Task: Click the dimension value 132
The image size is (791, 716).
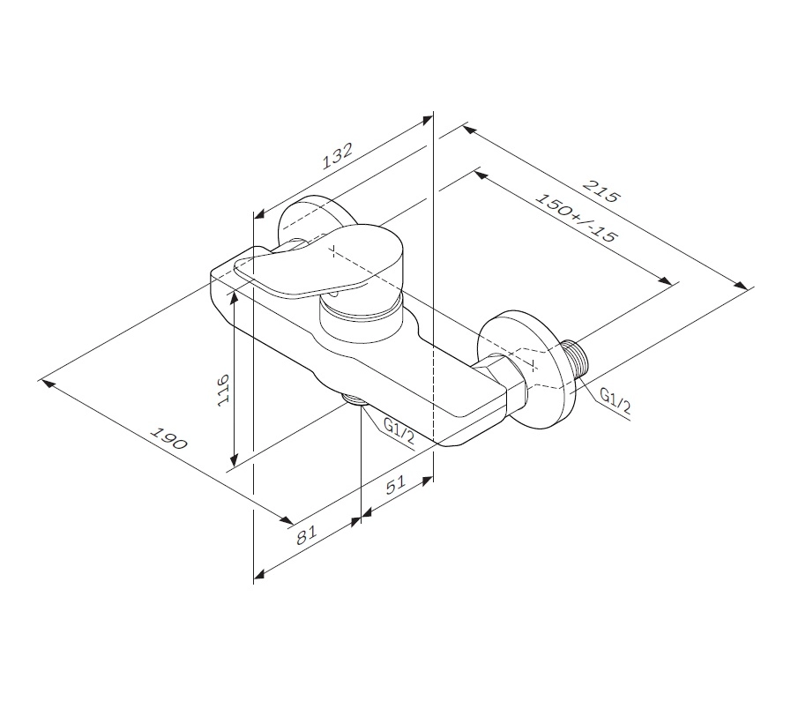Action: [337, 156]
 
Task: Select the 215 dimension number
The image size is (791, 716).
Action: [601, 190]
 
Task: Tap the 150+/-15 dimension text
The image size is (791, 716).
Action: [576, 218]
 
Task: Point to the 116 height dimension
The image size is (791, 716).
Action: [223, 388]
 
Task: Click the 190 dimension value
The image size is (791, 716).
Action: [170, 438]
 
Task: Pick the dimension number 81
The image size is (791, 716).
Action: [306, 534]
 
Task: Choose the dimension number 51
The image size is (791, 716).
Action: [395, 484]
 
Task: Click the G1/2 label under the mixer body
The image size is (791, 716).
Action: [399, 432]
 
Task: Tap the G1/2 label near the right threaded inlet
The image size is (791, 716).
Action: [615, 400]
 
